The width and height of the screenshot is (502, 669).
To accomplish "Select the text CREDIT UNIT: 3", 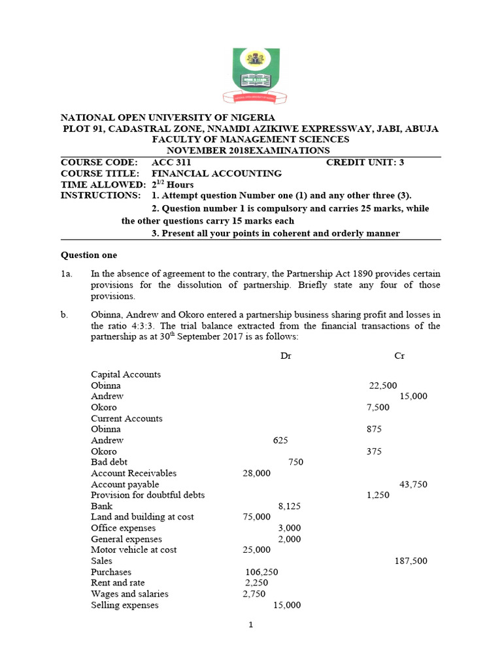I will click(365, 163).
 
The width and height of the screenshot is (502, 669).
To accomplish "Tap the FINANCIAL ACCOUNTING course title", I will click(216, 174).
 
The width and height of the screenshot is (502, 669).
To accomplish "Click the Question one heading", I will click(89, 255).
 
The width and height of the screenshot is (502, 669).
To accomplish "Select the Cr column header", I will click(399, 356).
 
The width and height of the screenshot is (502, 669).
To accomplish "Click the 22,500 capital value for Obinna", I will click(383, 386).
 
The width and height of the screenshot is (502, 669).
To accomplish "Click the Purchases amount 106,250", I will click(261, 572).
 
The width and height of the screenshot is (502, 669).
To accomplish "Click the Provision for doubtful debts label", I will click(148, 495).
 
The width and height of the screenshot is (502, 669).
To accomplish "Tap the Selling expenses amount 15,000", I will click(287, 606).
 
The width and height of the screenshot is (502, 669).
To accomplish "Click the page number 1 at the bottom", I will click(250, 625).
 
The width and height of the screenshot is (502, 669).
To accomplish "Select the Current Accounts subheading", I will click(127, 419).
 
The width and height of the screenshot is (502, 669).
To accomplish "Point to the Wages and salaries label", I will click(129, 594).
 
